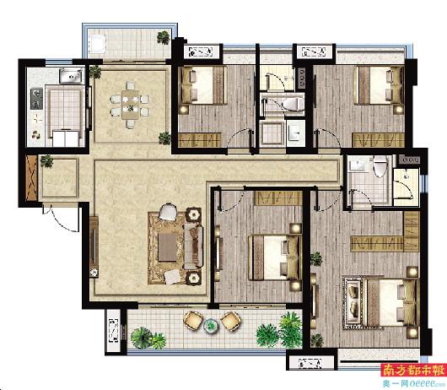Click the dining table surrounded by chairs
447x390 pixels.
pyautogui.click(x=130, y=105)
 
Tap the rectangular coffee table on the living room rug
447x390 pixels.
pyautogui.click(x=167, y=247)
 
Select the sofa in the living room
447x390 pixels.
pyautogui.click(x=193, y=247)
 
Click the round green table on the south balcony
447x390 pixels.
pyautogui.click(x=210, y=325)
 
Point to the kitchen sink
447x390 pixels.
pyautogui.click(x=71, y=75)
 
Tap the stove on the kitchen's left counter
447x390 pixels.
pyautogui.click(x=37, y=99)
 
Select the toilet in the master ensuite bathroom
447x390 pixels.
pyautogui.click(x=380, y=166)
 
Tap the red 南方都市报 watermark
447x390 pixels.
pyautogui.click(x=413, y=371)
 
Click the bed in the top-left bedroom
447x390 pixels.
pyautogui.click(x=203, y=84)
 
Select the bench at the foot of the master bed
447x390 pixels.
pyautogui.click(x=354, y=302)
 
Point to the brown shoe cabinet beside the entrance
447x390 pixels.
pyautogui.click(x=31, y=178)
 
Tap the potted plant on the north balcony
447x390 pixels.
pyautogui.click(x=164, y=37)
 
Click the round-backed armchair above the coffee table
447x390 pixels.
pyautogui.click(x=168, y=212)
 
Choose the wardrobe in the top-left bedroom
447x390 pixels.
pyautogui.click(x=200, y=140)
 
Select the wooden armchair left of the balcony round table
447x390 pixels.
pyautogui.click(x=192, y=321)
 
